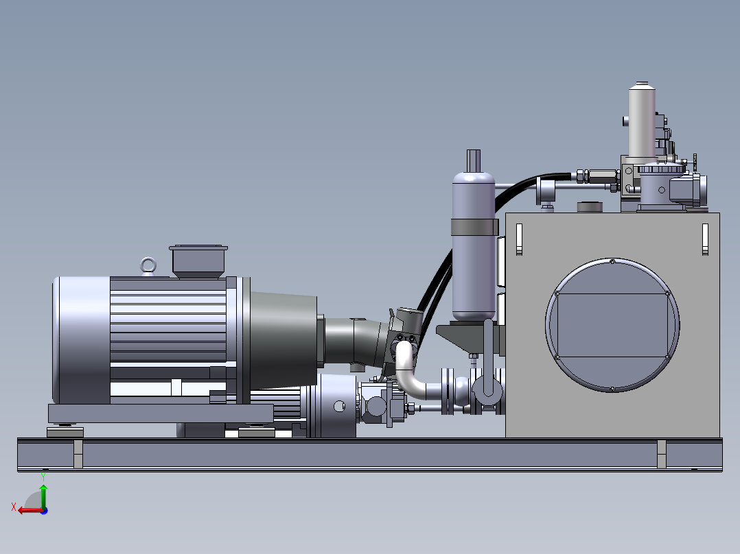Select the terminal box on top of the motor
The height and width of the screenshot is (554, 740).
coord(198,262)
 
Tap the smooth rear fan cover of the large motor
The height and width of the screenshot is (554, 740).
coord(81,340)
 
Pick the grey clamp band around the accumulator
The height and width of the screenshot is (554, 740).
coord(474,227)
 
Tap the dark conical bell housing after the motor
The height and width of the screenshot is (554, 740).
coord(283,341)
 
